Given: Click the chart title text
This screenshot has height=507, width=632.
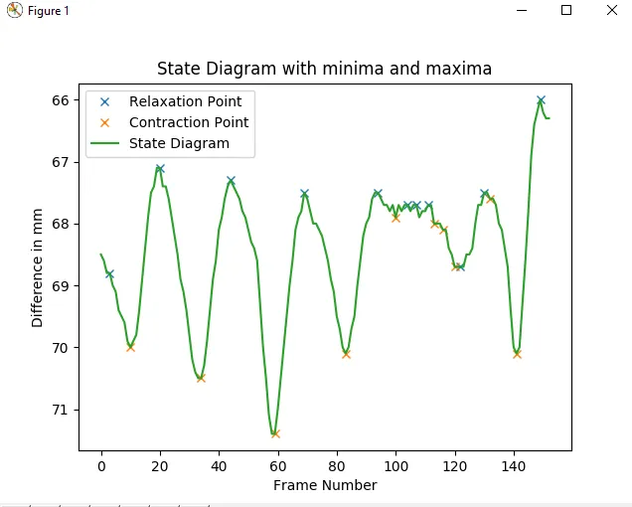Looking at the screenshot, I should coord(324,70).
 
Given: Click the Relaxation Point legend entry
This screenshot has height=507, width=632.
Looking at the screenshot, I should coord(185,101).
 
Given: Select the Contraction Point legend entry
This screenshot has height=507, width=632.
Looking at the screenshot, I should coord(189,122).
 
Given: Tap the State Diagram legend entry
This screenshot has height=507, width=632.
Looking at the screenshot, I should coord(179,143).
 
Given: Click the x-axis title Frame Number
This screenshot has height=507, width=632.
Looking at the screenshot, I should coord(325,485).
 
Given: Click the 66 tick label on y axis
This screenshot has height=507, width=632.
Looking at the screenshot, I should coord(59,100).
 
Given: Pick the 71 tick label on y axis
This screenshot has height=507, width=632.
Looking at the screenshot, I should coord(59,410).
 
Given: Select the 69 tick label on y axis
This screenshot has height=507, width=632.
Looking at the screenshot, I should coord(59,286).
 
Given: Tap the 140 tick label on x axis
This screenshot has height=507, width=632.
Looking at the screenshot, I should coord(514,465).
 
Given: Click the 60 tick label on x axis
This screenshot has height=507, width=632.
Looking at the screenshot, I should coord(277,465).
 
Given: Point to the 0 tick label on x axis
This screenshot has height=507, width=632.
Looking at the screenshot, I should coord(100,465).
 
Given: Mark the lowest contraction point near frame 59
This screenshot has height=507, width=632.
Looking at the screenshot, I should coord(275,433).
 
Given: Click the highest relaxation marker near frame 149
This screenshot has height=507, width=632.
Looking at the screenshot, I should coord(541,100).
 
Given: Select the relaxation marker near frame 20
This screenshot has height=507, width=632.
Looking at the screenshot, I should coord(160,169).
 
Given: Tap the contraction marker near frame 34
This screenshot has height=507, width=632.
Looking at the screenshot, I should coord(201,378).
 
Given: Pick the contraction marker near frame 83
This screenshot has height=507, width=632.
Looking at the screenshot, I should coord(346,354).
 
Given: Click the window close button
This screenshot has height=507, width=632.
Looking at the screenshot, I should coord(610,10).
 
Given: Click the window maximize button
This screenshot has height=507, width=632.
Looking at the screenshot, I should coord(566,10).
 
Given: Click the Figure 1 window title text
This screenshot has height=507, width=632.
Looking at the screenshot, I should coord(49,11).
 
